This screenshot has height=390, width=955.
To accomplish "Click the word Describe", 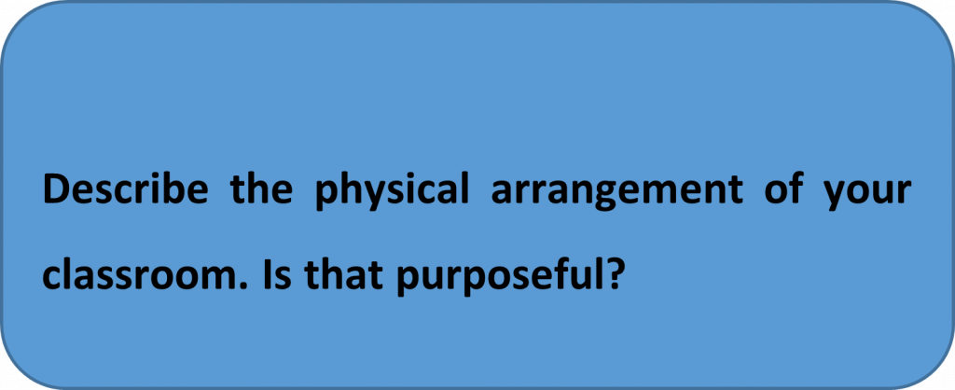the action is pos(125,190).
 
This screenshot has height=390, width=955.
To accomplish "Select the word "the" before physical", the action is pos(261,190).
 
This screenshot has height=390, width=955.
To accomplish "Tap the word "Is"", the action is pos(278,276).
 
